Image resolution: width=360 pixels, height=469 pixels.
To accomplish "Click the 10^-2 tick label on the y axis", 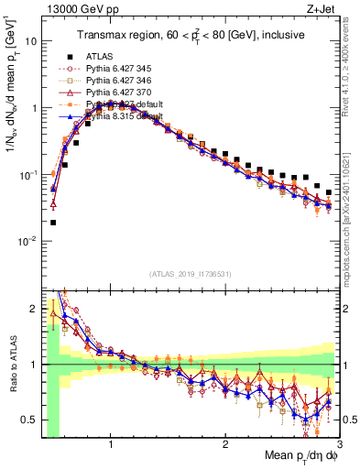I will pos(27,241).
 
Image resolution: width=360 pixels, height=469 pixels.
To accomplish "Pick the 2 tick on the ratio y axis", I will pos(33,309).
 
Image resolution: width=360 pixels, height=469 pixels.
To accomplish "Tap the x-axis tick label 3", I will pos(339,443).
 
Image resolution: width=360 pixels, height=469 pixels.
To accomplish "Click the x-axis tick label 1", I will pos(110,443).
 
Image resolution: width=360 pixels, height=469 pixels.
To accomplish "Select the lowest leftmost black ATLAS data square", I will pos(53,222).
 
